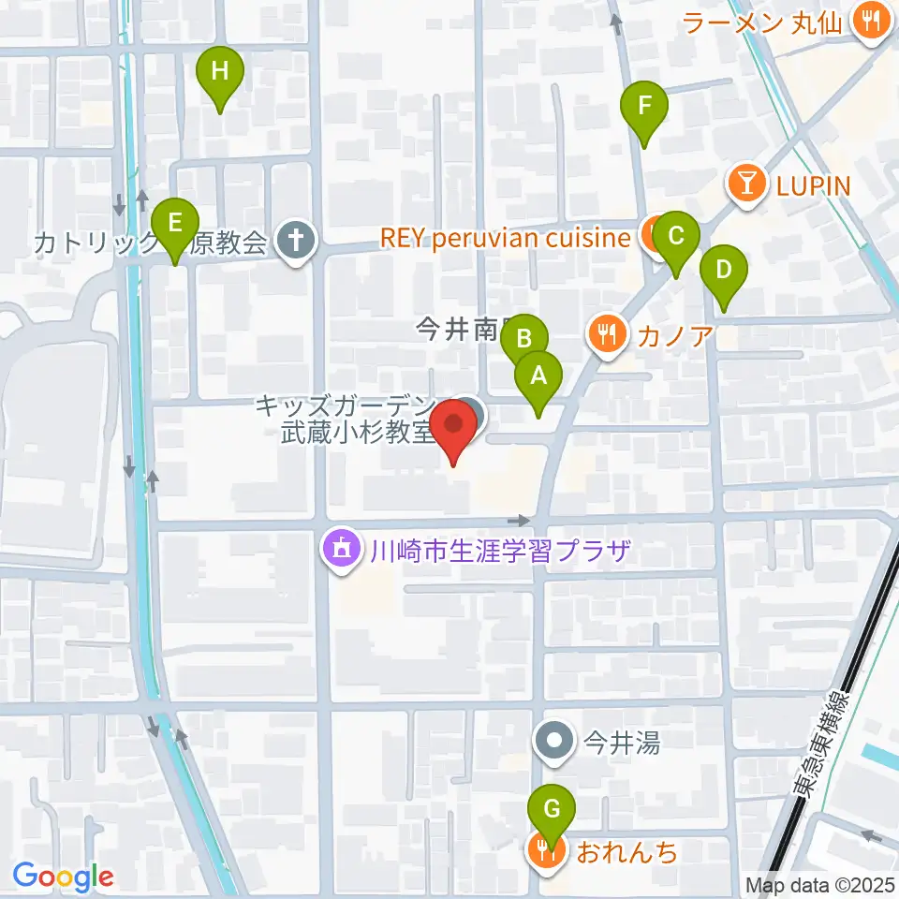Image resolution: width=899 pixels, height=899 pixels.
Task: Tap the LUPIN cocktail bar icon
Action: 746,184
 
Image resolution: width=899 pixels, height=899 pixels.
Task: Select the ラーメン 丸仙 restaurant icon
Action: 871,22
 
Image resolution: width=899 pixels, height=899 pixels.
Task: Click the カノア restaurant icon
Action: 607,332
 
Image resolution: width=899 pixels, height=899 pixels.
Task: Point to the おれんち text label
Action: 626,852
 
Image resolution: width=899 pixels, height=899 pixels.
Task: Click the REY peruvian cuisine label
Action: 506,238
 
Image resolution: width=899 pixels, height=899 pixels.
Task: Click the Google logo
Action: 62,876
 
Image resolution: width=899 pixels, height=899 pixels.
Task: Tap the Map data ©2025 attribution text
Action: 819,885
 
